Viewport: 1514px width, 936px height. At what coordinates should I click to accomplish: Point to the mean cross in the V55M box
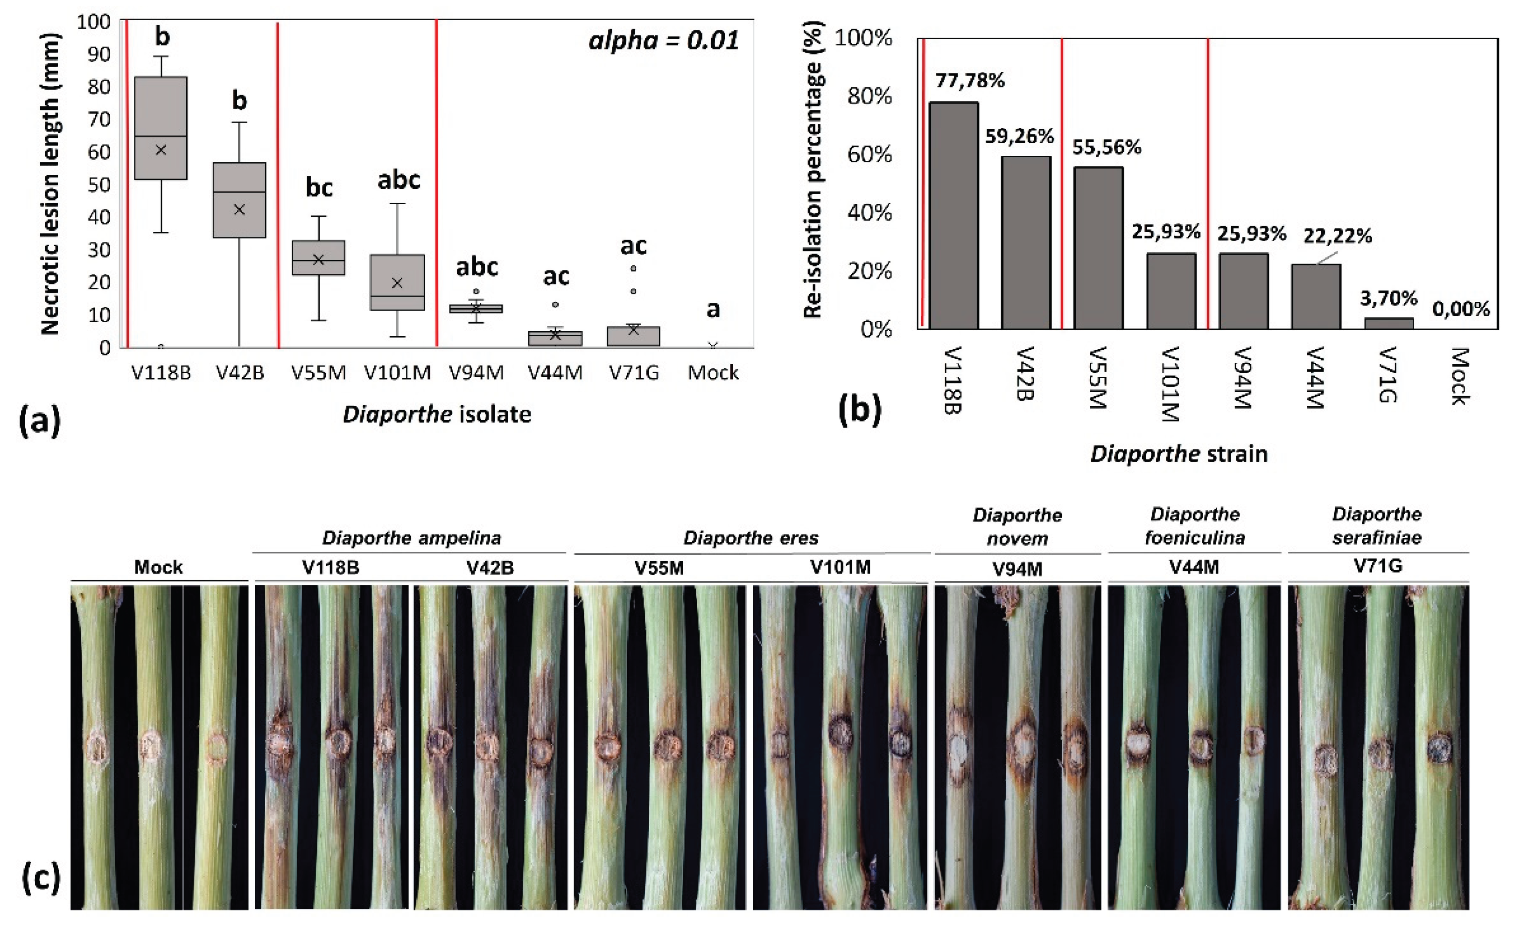click(318, 259)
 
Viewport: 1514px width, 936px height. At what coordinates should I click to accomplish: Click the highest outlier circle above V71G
click(633, 269)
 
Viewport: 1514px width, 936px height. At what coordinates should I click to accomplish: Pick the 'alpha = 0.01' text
click(664, 41)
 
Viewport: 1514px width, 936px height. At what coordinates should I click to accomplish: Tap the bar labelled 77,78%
click(953, 215)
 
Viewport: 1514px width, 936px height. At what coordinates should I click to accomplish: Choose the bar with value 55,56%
click(1098, 248)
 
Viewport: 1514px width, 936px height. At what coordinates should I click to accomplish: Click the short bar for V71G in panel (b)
click(1388, 323)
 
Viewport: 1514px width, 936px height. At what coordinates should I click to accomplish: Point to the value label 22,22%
click(1338, 236)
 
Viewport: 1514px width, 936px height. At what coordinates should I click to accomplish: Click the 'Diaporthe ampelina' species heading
click(411, 537)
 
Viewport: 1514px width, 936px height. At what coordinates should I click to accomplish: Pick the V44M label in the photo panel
click(1194, 567)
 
